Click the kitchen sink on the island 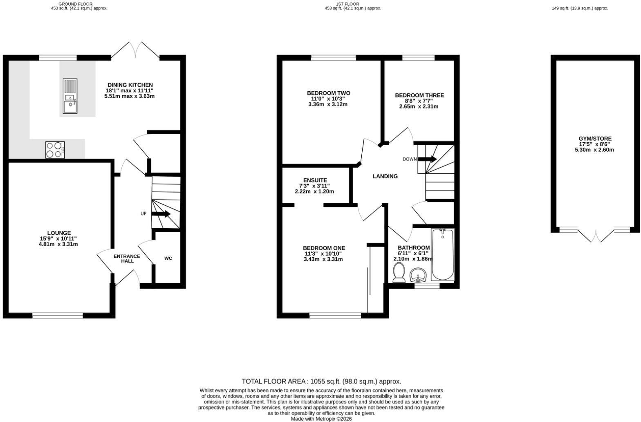(x=70, y=96)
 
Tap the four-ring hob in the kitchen (x=55, y=150)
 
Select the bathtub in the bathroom (x=442, y=254)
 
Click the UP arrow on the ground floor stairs (x=161, y=214)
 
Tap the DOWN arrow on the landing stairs (x=427, y=159)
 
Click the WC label (x=168, y=258)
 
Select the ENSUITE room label (x=315, y=180)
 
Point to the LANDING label (x=385, y=176)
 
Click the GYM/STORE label (x=595, y=139)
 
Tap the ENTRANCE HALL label (x=127, y=258)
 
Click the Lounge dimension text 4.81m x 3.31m (x=58, y=244)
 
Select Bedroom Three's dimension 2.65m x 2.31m (x=419, y=106)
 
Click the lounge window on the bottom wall (x=58, y=316)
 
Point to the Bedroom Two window (x=334, y=58)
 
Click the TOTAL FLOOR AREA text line (x=321, y=382)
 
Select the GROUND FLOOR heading (x=75, y=4)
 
